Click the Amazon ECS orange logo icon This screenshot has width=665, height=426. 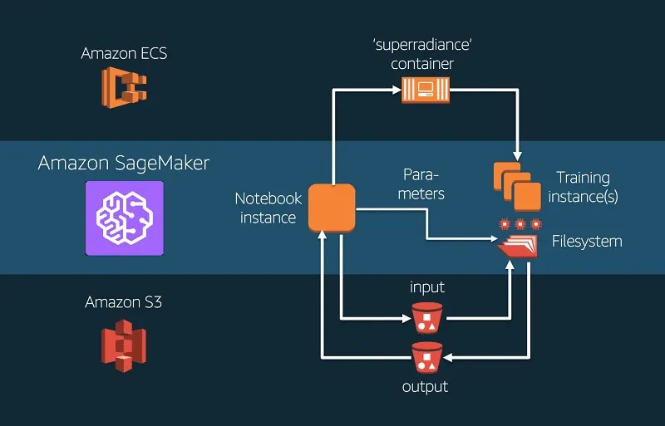point(124,87)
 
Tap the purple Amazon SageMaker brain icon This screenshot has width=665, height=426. point(124,218)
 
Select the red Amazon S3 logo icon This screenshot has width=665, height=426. point(124,346)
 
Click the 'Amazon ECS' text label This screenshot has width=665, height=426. point(124,53)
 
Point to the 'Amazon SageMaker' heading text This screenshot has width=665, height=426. point(123,164)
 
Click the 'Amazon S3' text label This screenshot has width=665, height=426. point(123,302)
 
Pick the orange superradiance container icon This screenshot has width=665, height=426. point(426,90)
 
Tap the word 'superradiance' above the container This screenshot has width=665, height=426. point(423,44)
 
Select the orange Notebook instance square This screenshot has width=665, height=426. point(332,208)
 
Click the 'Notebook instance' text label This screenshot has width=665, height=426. point(268,208)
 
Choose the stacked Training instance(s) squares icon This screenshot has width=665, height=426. point(517,187)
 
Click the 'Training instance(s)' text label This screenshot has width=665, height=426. point(584,187)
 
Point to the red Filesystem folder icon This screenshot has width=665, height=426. point(517,247)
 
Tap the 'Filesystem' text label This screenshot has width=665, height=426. point(587,241)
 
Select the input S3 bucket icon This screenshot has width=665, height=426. point(427,318)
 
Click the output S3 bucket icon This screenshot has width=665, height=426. point(427,358)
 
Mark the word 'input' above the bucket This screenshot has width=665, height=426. point(427,287)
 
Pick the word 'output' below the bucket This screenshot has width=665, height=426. point(425,387)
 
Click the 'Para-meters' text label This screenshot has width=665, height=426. point(421,184)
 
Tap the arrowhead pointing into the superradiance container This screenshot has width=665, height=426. point(397,90)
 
